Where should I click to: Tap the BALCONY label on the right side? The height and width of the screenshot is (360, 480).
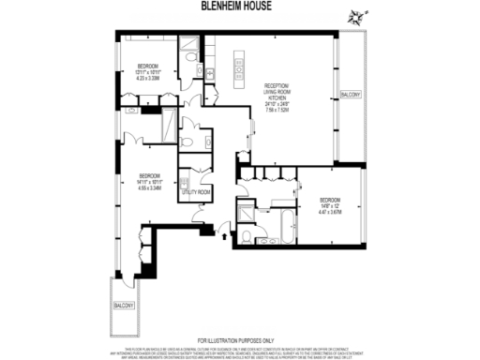(x=350, y=96)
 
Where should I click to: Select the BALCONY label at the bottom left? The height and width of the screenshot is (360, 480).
(x=124, y=306)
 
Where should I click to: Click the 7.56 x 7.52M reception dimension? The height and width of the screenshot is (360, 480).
(x=277, y=109)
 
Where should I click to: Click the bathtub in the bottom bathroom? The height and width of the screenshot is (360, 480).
(x=278, y=222)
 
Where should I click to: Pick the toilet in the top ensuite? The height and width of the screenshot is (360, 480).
(x=191, y=59)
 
